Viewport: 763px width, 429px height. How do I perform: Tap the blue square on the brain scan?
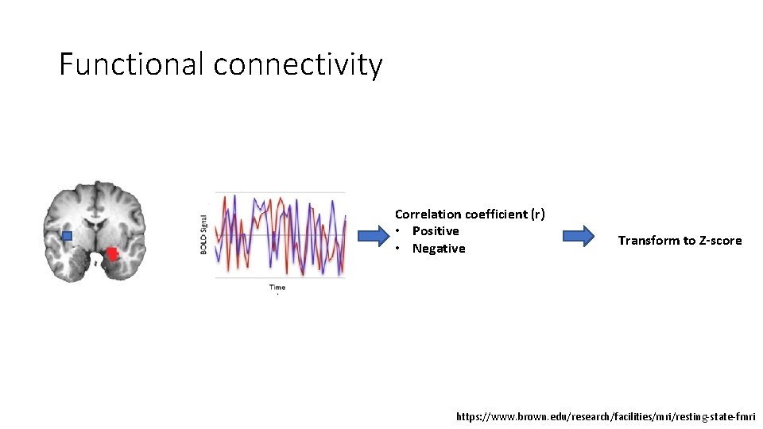(67, 236)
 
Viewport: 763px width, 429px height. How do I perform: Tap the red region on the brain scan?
(112, 253)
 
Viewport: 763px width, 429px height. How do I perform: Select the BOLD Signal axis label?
(204, 235)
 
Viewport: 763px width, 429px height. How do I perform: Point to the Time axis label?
(277, 287)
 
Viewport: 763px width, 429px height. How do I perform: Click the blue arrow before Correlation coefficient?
(370, 236)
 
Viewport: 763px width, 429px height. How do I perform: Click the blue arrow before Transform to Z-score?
(578, 236)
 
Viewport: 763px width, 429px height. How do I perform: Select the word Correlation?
(428, 214)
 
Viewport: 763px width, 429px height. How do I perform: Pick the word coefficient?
(496, 214)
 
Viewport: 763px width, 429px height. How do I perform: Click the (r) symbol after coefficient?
(538, 214)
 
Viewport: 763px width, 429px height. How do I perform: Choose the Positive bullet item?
(435, 231)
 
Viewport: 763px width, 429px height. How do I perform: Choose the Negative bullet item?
(438, 249)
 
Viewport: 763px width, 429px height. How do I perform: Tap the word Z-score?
(719, 241)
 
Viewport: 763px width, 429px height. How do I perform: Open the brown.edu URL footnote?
(606, 416)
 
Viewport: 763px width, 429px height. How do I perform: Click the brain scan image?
(94, 231)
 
